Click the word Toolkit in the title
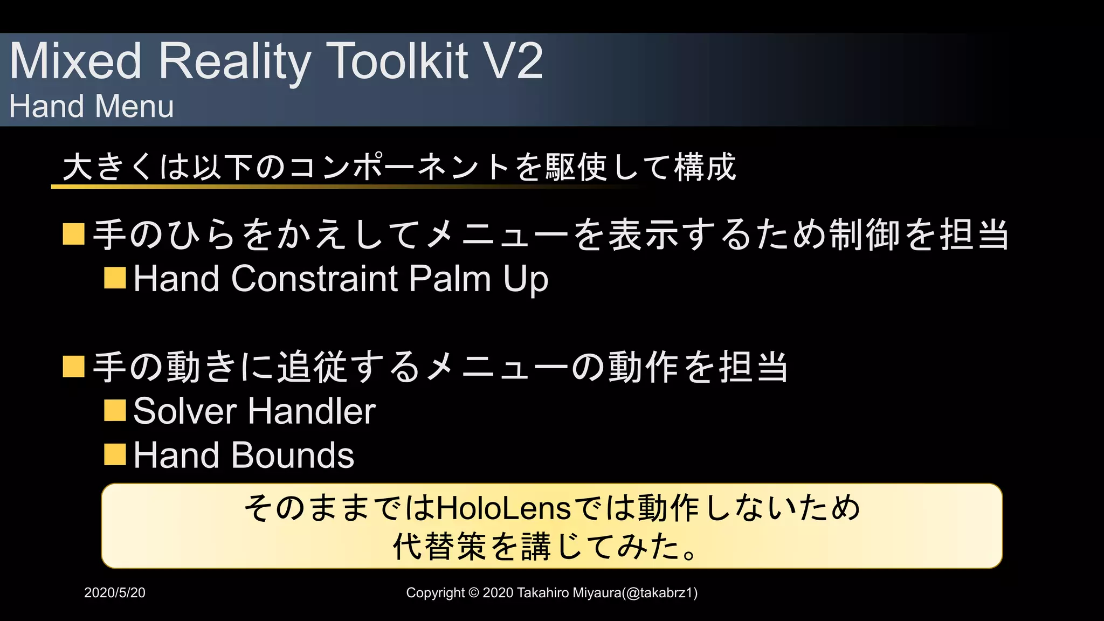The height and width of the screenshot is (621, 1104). [398, 61]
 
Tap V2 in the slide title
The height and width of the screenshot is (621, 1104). [513, 61]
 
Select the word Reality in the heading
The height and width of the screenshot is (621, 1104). [234, 61]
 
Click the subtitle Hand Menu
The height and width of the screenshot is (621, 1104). [92, 106]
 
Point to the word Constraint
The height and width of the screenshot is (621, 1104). [315, 279]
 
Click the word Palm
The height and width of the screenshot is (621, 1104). [450, 279]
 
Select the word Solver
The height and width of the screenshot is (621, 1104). [185, 411]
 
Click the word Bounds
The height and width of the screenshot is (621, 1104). [293, 456]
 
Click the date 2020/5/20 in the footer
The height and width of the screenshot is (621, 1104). [115, 593]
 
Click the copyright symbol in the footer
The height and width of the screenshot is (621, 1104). [474, 593]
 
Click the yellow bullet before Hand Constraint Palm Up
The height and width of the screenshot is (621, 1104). [115, 278]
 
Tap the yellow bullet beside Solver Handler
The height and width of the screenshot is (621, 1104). [115, 410]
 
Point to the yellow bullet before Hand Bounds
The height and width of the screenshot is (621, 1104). [115, 454]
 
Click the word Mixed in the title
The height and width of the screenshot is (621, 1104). [76, 61]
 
